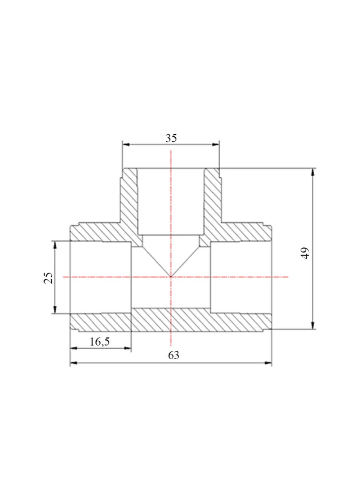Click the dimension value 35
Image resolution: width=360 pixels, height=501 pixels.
171,138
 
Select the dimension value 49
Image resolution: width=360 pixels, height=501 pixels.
306,253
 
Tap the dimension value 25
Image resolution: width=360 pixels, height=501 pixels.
48,278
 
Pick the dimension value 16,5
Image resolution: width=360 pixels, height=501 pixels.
100,342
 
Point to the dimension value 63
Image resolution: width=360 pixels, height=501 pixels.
174,355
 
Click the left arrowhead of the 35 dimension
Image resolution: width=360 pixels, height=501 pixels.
126,144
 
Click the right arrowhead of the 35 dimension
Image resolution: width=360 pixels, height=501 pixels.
215,144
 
